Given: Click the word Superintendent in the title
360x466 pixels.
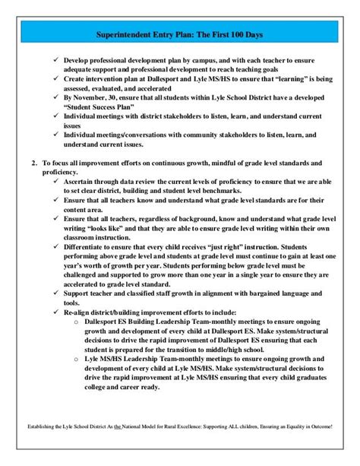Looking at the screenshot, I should click(128, 35).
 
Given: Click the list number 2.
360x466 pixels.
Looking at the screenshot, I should click(33, 163).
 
